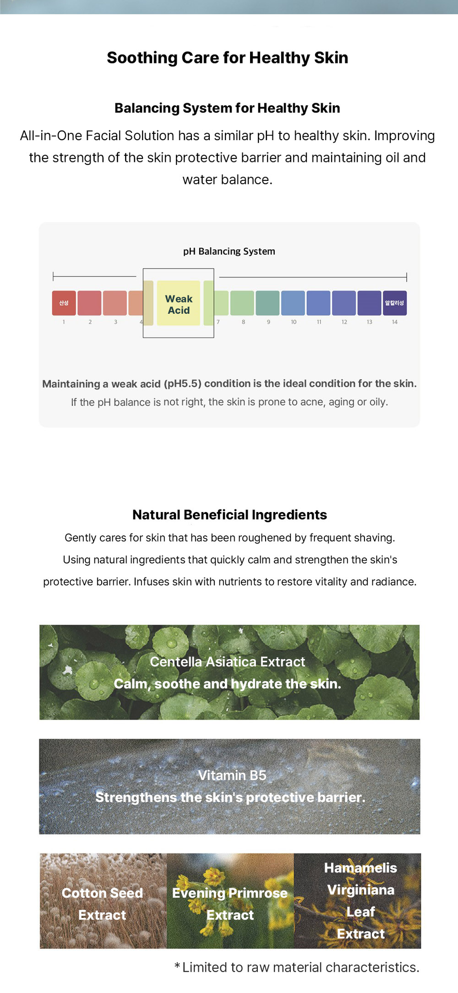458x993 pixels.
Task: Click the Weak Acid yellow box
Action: [x=178, y=303]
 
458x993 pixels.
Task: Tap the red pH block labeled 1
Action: [x=64, y=303]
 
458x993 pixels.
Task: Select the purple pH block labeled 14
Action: [x=395, y=303]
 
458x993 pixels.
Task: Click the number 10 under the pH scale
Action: [x=294, y=322]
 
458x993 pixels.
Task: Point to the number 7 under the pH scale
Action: [x=218, y=322]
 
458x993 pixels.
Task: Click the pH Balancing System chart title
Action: [x=229, y=251]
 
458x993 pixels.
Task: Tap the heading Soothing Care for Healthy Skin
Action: [x=227, y=58]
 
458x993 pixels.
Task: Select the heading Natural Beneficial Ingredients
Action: [x=230, y=514]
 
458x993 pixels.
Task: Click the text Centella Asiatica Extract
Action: [x=227, y=662]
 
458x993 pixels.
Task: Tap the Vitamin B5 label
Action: [x=232, y=775]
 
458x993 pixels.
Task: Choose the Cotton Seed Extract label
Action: [x=102, y=904]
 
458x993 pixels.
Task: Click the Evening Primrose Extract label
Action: [x=230, y=904]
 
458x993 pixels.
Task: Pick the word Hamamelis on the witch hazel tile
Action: [x=361, y=867]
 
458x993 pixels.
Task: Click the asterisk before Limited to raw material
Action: [x=177, y=967]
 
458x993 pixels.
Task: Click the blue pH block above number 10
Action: [x=293, y=303]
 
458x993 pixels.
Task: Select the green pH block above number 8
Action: [x=242, y=303]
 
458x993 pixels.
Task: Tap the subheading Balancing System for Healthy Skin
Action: [x=227, y=108]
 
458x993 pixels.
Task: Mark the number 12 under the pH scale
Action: [x=344, y=322]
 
